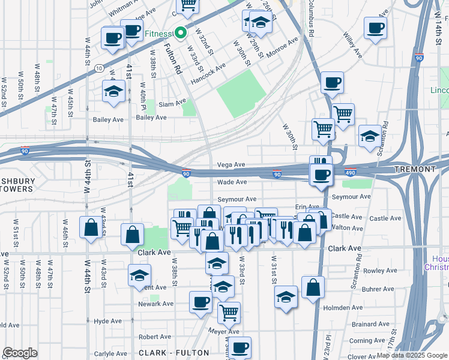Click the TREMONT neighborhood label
click(415, 170)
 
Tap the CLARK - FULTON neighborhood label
click(173, 353)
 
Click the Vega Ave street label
click(231, 164)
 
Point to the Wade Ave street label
click(232, 182)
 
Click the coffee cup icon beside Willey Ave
click(375, 28)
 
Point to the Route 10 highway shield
click(98, 68)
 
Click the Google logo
click(20, 353)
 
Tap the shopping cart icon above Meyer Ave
click(229, 312)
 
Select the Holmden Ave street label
click(344, 308)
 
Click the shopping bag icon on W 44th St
click(91, 228)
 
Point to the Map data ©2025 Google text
click(412, 355)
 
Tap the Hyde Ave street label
click(108, 321)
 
